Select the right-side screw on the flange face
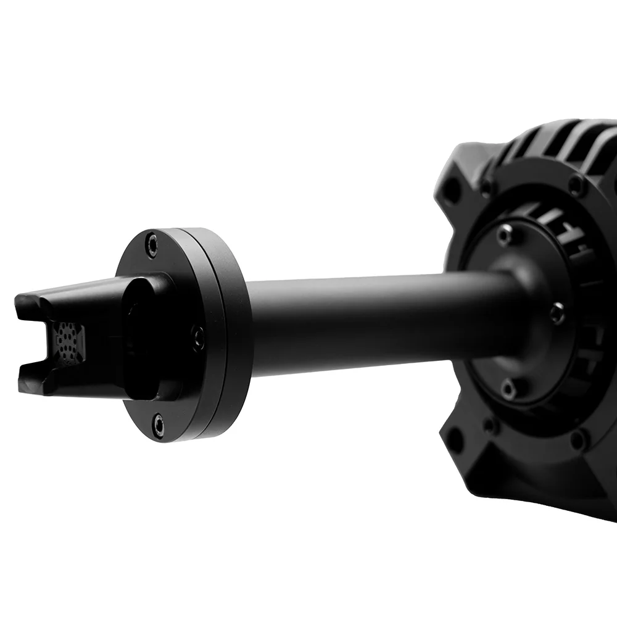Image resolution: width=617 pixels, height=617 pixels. pyautogui.click(x=197, y=336)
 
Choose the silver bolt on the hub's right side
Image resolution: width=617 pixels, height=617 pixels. pyautogui.click(x=557, y=312)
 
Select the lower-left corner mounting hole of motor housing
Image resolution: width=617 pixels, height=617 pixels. pyautogui.click(x=455, y=439)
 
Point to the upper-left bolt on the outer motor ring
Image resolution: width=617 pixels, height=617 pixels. pyautogui.click(x=487, y=186)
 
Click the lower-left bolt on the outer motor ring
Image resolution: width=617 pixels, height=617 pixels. pyautogui.click(x=490, y=425)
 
